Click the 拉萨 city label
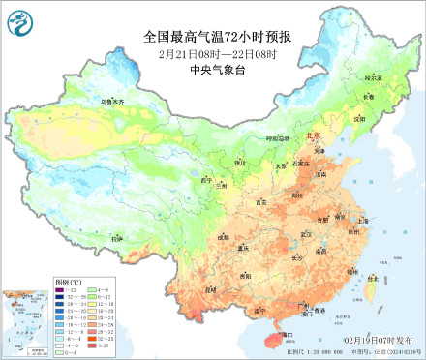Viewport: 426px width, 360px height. point(117,238)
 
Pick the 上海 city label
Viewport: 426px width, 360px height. point(362,220)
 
